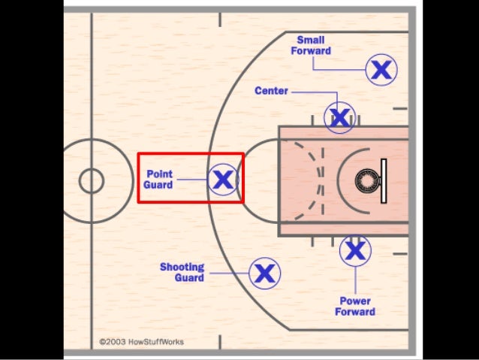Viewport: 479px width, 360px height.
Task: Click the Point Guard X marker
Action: pyautogui.click(x=222, y=180)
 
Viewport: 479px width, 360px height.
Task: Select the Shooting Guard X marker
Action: pyautogui.click(x=264, y=273)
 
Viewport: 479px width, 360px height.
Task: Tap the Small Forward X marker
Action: pyautogui.click(x=381, y=70)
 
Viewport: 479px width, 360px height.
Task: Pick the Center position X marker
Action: pyautogui.click(x=339, y=117)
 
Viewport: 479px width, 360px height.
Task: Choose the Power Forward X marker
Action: pyautogui.click(x=354, y=251)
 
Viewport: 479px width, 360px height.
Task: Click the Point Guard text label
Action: pyautogui.click(x=159, y=180)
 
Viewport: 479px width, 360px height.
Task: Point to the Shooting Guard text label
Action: pyautogui.click(x=182, y=272)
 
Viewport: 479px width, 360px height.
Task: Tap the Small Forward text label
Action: pyautogui.click(x=311, y=46)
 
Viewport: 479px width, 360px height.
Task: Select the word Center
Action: pyautogui.click(x=271, y=91)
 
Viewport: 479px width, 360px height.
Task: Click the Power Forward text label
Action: pyautogui.click(x=354, y=307)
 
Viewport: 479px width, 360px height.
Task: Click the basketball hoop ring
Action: pyautogui.click(x=367, y=180)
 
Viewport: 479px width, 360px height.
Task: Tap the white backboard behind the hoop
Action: pyautogui.click(x=383, y=180)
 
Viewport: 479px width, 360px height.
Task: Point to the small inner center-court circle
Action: pyautogui.click(x=92, y=180)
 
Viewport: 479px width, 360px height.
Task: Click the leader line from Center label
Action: pyautogui.click(x=315, y=92)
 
